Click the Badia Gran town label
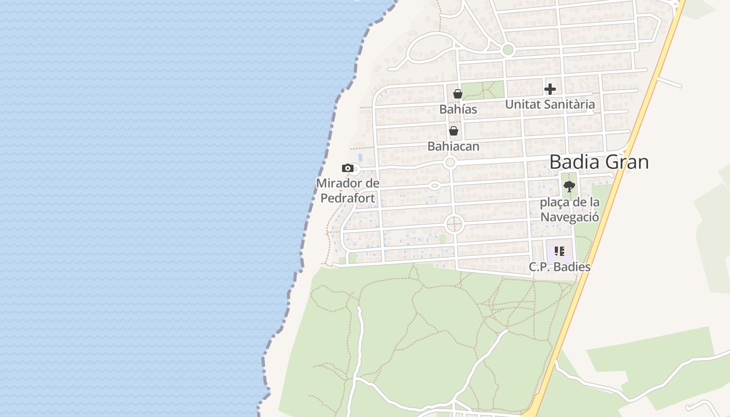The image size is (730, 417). tap(599, 162)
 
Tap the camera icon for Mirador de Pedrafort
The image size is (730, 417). tap(348, 168)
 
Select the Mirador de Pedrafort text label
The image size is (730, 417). tap(347, 190)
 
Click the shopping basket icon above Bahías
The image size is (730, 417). tap(457, 94)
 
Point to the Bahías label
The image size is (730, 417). tap(458, 109)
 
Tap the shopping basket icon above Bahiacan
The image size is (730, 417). tap(454, 131)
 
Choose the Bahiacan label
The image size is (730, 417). tap(453, 146)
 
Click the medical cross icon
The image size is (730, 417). tap(550, 89)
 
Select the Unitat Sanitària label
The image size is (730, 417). tap(550, 104)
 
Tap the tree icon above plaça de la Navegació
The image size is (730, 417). tap(569, 186)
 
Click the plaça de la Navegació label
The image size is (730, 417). tap(569, 210)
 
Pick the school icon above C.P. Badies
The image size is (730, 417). tap(559, 251)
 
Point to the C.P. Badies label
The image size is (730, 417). tap(559, 267)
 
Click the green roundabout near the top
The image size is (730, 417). tap(507, 50)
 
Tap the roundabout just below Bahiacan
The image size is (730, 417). tap(451, 163)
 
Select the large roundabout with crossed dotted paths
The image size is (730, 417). tap(454, 225)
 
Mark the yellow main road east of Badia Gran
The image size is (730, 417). tap(615, 177)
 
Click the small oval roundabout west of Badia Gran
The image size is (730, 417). tap(434, 185)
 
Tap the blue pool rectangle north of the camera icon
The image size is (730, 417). tap(360, 157)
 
